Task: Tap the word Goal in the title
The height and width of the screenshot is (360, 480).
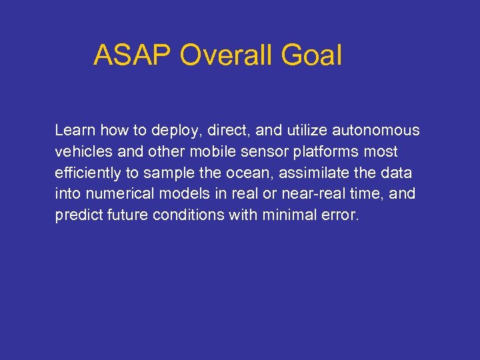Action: pos(311,55)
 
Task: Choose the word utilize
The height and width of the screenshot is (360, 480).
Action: pos(288,129)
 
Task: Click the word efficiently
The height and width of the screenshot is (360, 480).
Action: pos(87,173)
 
